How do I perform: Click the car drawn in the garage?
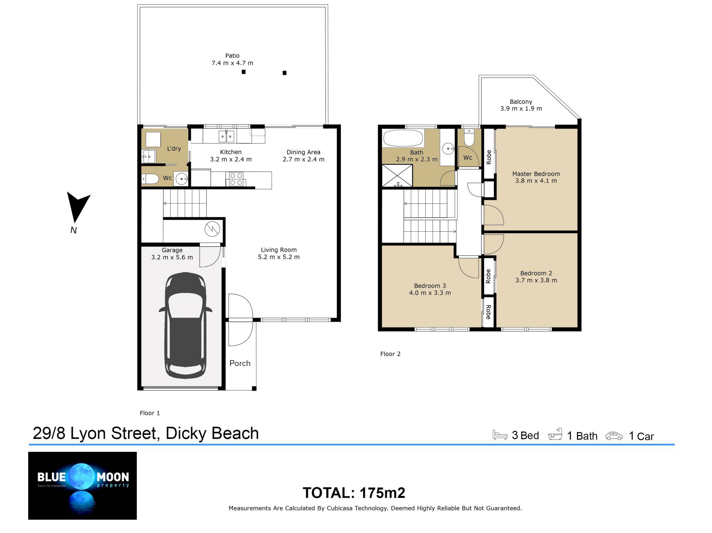point(185,325)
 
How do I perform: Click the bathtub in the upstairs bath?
point(403,138)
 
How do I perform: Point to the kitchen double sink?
point(226,136)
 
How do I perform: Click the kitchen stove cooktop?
point(236,179)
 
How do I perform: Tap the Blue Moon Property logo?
point(82,486)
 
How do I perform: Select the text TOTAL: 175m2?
point(354,493)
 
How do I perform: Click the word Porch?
point(240,363)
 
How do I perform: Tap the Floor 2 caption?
point(390,354)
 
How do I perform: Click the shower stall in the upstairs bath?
point(397,176)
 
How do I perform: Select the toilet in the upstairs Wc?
point(469,137)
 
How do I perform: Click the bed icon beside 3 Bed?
point(500,435)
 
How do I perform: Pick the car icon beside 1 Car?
point(614,436)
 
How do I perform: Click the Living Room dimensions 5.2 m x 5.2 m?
point(279,257)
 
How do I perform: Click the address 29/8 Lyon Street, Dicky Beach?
point(146,433)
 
